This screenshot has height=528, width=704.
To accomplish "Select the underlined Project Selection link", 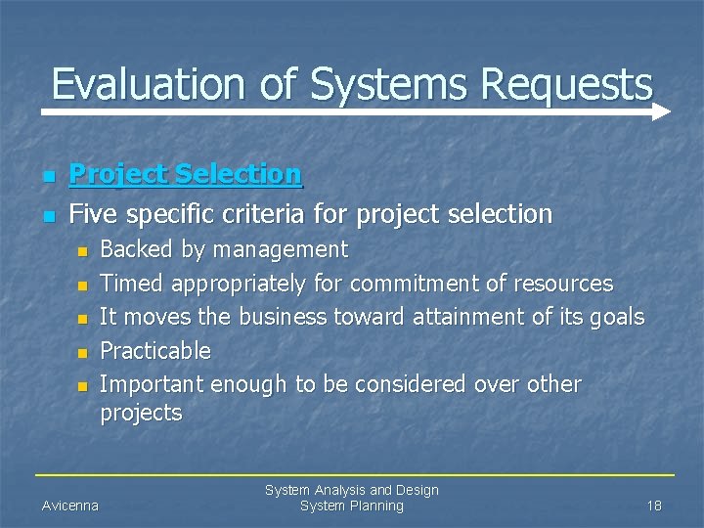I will click(186, 175).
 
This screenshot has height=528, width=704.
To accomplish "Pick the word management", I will click(281, 250).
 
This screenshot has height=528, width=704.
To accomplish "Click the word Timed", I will click(132, 284).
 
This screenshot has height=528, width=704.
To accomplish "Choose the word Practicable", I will click(155, 350).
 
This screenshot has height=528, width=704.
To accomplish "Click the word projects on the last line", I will click(141, 413).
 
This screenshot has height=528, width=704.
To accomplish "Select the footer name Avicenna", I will click(69, 506).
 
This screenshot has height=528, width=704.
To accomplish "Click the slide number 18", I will click(654, 506).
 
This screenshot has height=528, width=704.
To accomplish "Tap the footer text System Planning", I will click(351, 506).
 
